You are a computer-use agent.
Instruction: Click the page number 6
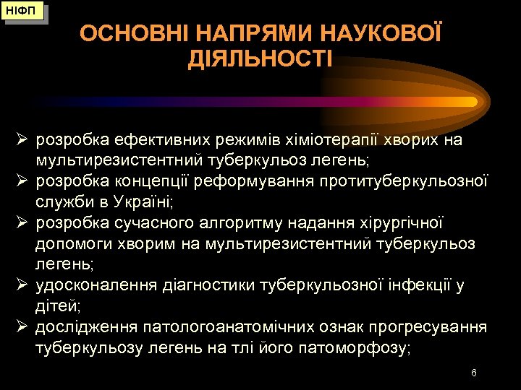tap(473, 373)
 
